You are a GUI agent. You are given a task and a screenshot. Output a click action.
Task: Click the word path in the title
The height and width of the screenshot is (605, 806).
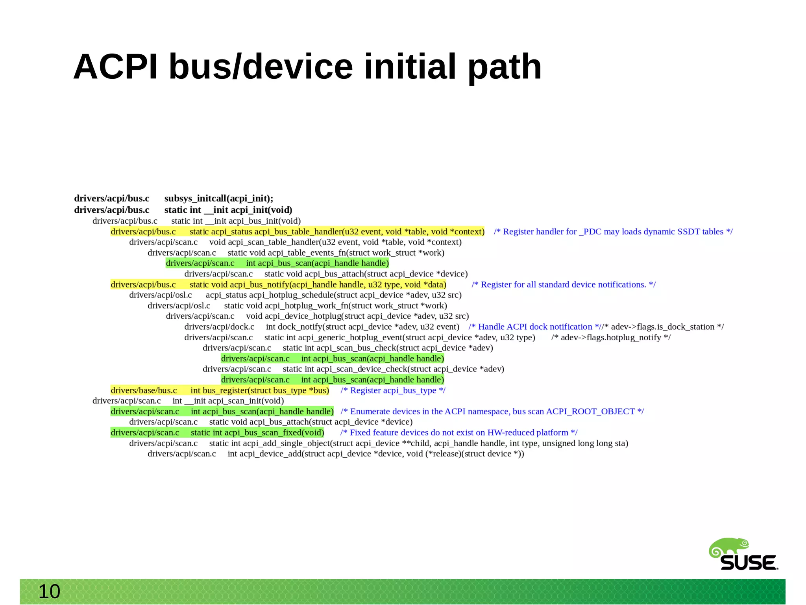[505, 68]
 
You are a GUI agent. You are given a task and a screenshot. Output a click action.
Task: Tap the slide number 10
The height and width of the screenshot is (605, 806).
[49, 592]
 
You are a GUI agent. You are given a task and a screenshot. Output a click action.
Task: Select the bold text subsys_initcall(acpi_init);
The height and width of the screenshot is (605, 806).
[218, 199]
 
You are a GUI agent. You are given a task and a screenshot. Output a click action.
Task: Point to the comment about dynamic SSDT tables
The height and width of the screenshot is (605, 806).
[613, 232]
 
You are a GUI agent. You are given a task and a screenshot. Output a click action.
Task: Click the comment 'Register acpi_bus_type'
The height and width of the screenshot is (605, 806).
[393, 390]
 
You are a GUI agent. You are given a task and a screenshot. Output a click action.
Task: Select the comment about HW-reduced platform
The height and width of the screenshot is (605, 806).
[458, 432]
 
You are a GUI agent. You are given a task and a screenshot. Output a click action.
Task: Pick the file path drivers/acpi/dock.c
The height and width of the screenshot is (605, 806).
[219, 327]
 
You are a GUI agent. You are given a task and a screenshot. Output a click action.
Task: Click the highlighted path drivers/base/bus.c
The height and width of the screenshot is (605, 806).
[144, 390]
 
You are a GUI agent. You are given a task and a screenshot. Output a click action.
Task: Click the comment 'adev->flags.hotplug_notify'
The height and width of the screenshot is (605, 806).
[611, 338]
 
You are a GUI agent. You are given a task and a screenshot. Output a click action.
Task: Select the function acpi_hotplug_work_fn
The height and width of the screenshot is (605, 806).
[306, 306]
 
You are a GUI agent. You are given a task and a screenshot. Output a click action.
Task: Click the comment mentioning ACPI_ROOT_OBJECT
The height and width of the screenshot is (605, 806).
[492, 412]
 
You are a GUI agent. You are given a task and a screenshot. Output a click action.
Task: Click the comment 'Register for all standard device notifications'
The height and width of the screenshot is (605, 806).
[564, 285]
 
